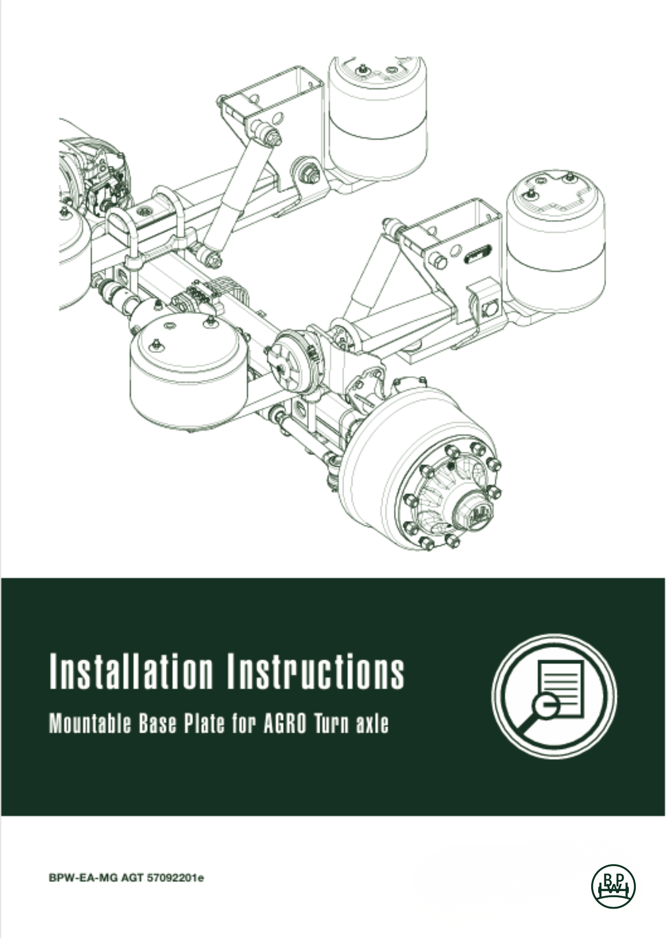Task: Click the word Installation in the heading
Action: coord(131,671)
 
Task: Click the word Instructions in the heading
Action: coord(316,671)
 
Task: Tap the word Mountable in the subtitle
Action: coord(90,723)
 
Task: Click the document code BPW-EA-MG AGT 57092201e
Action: coord(126,878)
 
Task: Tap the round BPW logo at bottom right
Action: coord(613,887)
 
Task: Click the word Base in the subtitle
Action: coord(157,723)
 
